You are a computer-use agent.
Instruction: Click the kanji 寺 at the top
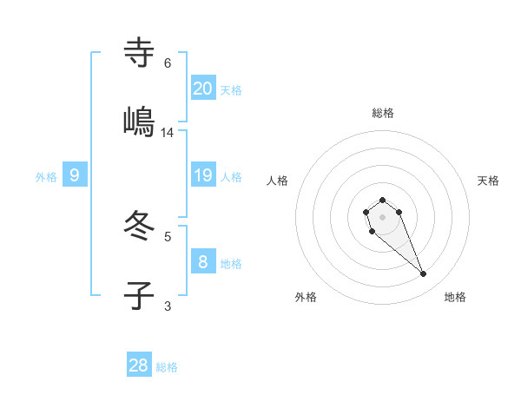140,53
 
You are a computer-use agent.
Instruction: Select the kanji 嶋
140,122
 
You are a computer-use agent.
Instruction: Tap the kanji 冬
140,227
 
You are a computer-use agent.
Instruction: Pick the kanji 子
140,295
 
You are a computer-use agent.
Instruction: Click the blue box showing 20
203,88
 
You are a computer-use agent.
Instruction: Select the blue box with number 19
203,175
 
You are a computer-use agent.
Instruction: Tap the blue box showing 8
203,261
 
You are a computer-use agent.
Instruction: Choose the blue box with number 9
75,175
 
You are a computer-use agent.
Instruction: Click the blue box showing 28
139,365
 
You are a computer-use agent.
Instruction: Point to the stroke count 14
168,133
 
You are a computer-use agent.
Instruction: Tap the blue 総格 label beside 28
167,367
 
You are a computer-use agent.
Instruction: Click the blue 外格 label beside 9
46,177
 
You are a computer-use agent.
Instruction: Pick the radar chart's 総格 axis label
383,113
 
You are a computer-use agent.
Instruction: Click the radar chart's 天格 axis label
488,181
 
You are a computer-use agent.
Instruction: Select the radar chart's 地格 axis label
455,297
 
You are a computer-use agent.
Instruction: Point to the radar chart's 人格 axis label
278,181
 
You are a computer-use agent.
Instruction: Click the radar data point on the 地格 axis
424,274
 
